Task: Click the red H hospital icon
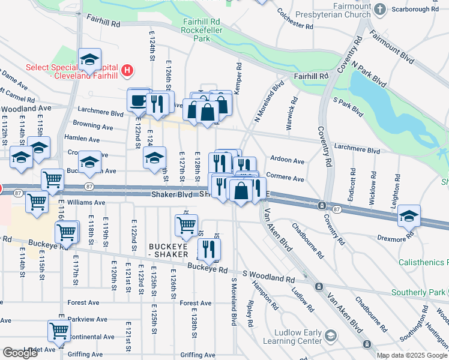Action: click(127, 71)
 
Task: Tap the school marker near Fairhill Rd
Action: click(89, 59)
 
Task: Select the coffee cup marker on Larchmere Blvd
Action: click(139, 100)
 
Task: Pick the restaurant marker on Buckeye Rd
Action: click(209, 249)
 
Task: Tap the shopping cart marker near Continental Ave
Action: click(59, 331)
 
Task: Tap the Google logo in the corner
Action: click(19, 353)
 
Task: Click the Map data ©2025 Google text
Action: click(412, 355)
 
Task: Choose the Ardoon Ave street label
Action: click(287, 161)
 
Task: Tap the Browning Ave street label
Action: click(92, 127)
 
